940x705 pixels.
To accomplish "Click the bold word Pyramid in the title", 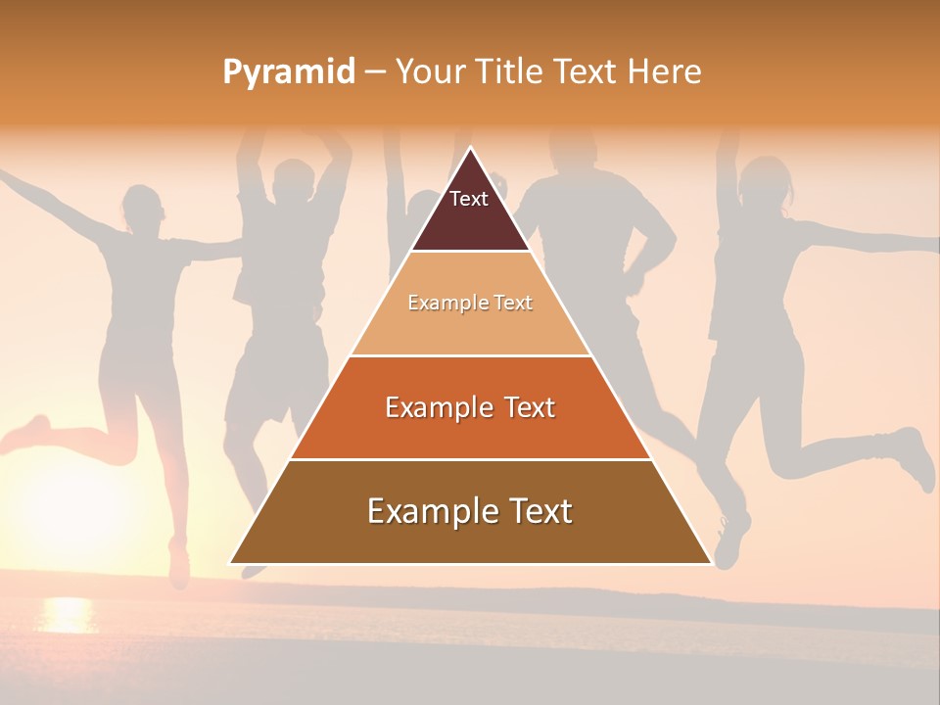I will pyautogui.click(x=289, y=72).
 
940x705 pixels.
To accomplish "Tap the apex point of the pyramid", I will pyautogui.click(x=470, y=148).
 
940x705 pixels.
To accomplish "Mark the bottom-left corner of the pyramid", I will pyautogui.click(x=230, y=563).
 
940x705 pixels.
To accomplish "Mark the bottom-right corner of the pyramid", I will pyautogui.click(x=711, y=563).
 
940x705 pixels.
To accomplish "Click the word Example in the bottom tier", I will pyautogui.click(x=422, y=511).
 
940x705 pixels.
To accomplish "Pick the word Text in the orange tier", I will pyautogui.click(x=524, y=407).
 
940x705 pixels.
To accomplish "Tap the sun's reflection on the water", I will pyautogui.click(x=67, y=614).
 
